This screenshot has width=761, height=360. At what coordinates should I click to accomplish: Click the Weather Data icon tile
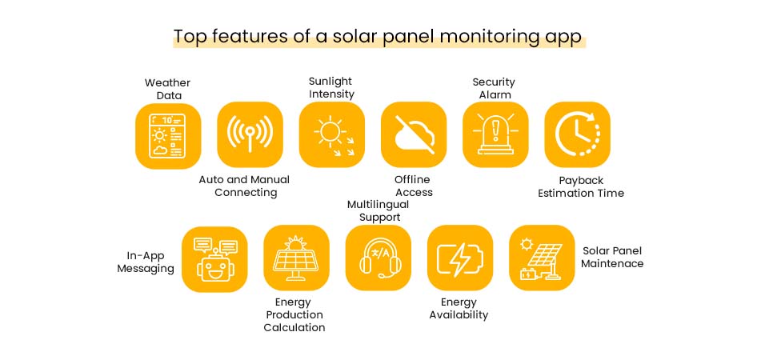click(x=167, y=135)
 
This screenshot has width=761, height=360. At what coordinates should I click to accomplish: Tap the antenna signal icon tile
click(x=250, y=135)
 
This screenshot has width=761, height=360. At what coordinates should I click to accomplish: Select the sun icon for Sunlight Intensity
click(x=331, y=135)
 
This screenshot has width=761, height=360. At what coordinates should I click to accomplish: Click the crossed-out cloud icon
click(x=414, y=135)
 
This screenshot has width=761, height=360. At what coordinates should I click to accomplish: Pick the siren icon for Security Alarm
click(x=495, y=135)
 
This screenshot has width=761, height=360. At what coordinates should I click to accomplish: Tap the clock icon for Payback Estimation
click(x=577, y=135)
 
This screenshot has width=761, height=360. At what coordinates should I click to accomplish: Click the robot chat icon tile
click(x=214, y=258)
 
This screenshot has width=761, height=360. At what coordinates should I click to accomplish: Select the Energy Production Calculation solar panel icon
click(x=296, y=258)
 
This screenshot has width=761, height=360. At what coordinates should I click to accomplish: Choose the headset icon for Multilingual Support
click(x=378, y=258)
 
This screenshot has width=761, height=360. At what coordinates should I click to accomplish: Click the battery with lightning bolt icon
click(x=460, y=258)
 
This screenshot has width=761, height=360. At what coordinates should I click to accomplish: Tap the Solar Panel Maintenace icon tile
click(x=542, y=258)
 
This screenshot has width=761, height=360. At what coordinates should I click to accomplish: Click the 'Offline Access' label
click(x=414, y=186)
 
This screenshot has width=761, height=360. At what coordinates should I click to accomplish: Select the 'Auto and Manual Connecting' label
click(x=245, y=186)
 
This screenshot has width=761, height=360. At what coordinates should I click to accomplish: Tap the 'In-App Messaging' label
click(x=146, y=262)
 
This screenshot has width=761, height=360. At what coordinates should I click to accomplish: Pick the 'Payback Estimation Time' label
click(x=581, y=186)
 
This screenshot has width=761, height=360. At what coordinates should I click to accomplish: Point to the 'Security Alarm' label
click(x=494, y=88)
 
